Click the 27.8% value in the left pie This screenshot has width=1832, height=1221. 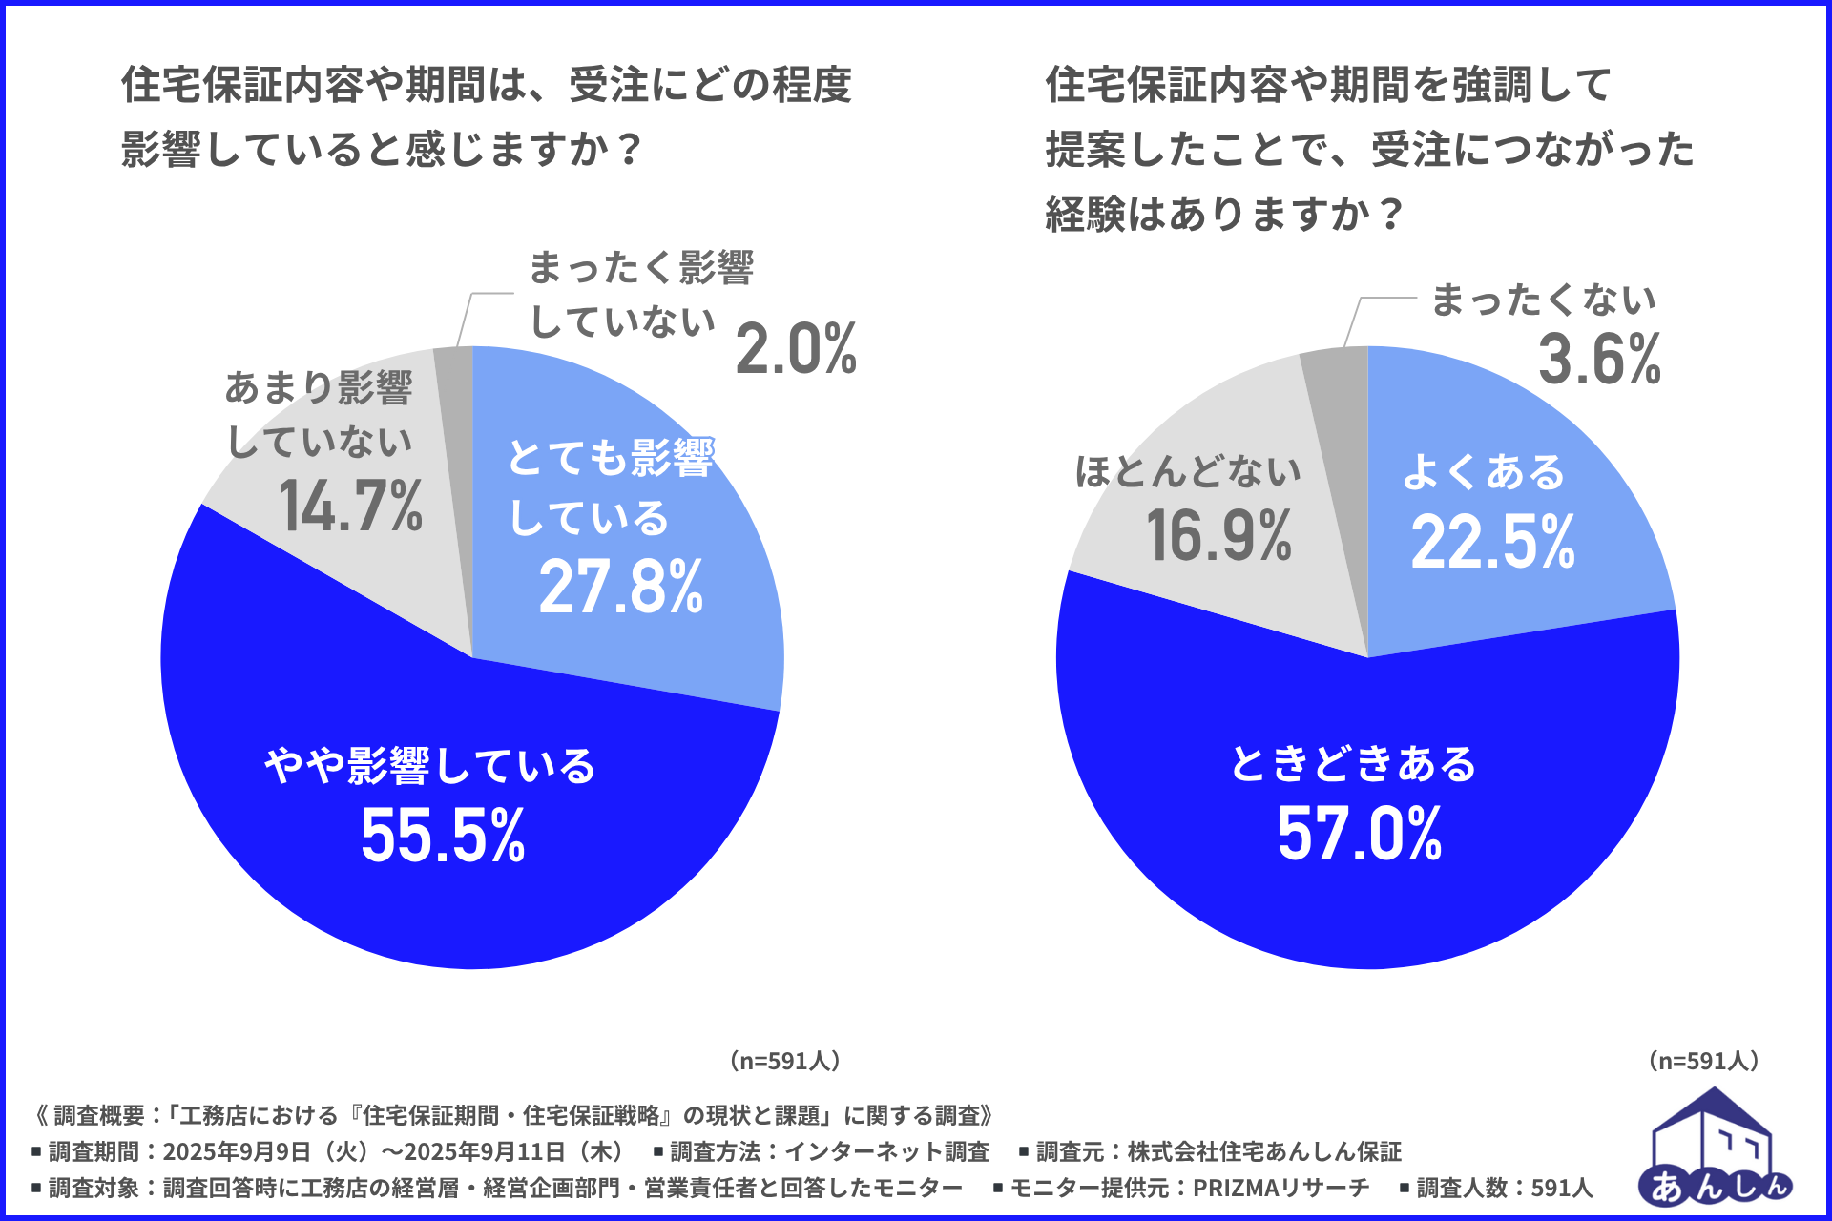(621, 587)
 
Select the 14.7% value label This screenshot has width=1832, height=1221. (350, 506)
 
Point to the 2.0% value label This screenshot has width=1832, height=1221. (796, 349)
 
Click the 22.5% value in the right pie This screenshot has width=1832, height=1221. (1492, 542)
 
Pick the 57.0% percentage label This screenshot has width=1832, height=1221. (1359, 834)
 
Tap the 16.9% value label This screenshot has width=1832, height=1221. (1218, 535)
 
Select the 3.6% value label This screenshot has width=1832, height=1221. (1599, 360)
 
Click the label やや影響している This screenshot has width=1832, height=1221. (430, 766)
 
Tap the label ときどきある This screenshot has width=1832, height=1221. (1353, 764)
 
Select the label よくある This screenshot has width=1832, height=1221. (1484, 472)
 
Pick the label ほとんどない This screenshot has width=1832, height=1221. (1188, 471)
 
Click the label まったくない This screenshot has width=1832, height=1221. (1543, 300)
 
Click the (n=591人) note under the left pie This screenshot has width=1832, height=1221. (784, 1061)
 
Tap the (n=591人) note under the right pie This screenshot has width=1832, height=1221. (1703, 1061)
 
